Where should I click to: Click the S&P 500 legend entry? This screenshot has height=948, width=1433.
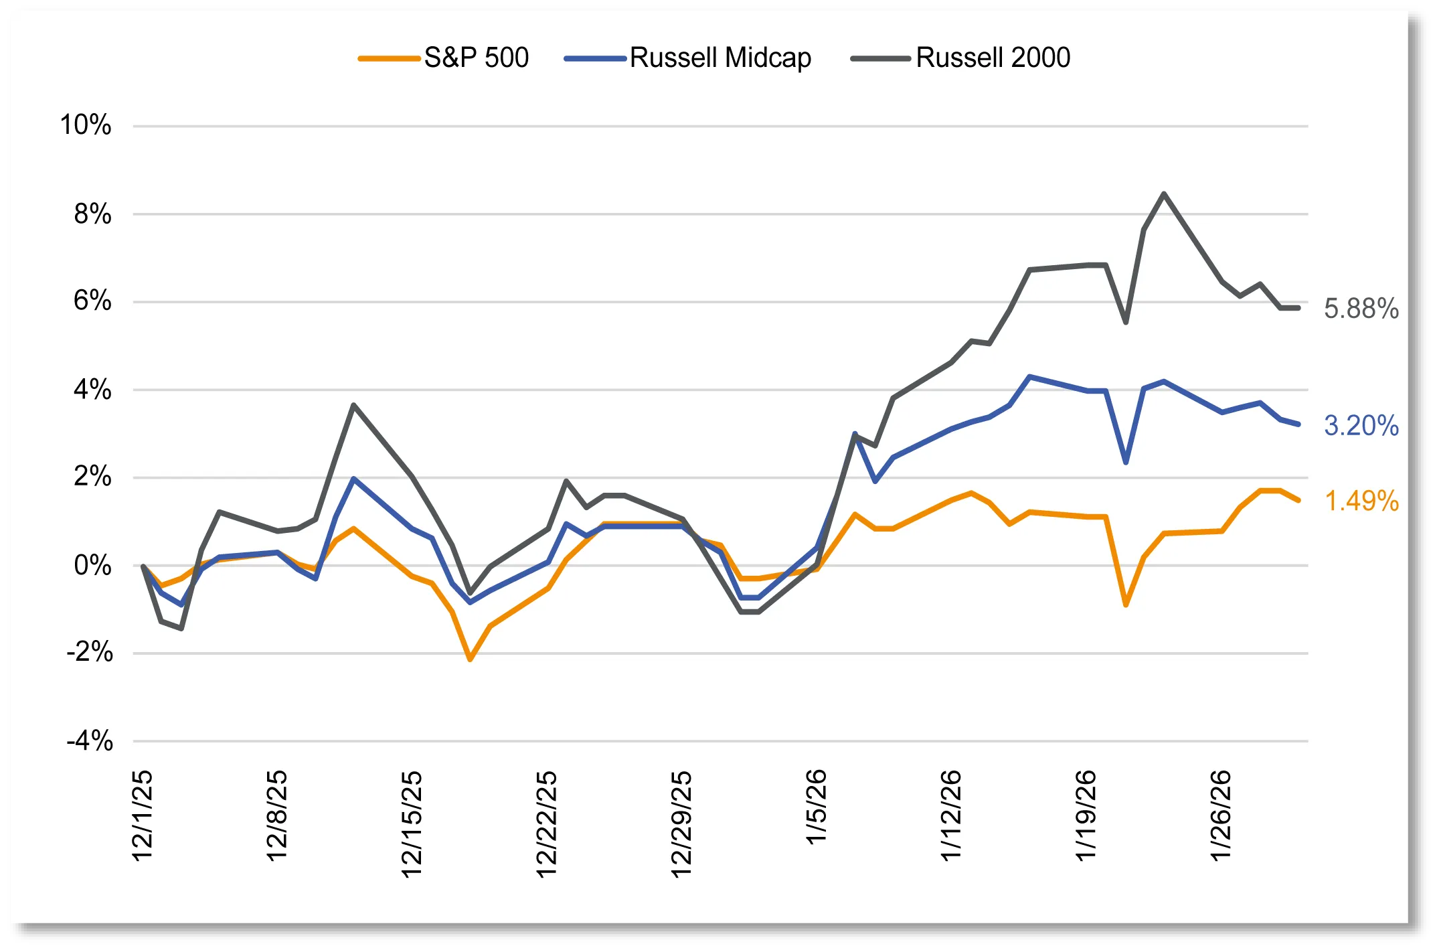(476, 58)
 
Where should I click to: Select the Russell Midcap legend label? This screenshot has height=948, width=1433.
(720, 58)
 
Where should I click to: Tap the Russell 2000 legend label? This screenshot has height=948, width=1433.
(993, 58)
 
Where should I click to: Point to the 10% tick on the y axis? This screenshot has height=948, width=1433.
(86, 125)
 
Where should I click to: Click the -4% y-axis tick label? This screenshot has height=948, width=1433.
(90, 741)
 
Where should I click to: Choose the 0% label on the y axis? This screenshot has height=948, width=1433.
(92, 566)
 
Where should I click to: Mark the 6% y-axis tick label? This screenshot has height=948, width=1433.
(92, 301)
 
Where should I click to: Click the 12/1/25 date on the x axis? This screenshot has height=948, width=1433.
(143, 815)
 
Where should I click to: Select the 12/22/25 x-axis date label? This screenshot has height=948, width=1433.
(547, 823)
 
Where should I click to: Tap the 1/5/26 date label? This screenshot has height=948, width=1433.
(817, 807)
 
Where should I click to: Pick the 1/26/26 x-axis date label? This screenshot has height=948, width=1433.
(1221, 815)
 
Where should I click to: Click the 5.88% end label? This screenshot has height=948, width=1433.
(1361, 309)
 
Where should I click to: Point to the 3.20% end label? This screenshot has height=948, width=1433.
(1361, 426)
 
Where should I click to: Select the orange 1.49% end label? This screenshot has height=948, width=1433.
(1361, 501)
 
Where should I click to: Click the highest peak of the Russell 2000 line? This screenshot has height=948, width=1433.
(1164, 194)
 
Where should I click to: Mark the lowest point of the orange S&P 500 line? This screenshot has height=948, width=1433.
(470, 659)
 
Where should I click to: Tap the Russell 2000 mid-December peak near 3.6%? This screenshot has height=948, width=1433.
(353, 405)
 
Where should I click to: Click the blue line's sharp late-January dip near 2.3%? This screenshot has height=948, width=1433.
(1126, 462)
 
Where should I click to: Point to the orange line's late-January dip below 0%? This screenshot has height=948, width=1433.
(1126, 605)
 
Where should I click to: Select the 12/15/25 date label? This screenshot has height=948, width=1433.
(412, 823)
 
